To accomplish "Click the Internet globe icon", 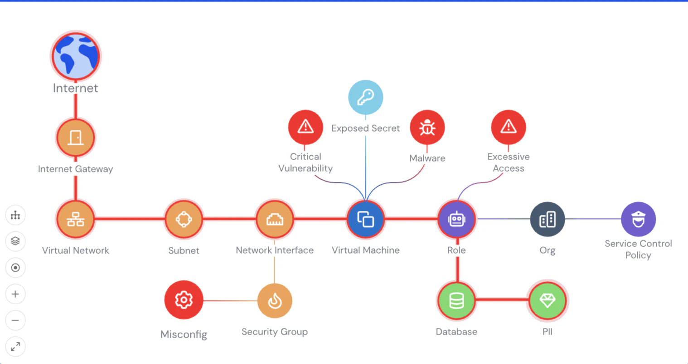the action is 76,57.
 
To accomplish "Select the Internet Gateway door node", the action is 76,138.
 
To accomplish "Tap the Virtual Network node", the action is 76,219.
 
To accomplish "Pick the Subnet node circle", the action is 184,219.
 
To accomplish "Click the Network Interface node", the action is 275,219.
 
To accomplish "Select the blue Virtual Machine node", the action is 365,219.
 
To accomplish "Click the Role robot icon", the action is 457,219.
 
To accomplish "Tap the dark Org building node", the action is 547,219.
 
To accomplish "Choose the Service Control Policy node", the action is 638,219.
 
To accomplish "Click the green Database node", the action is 457,301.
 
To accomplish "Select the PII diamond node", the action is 547,301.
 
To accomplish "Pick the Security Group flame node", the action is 275,301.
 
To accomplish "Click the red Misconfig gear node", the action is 184,300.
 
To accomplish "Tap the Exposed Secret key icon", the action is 365,97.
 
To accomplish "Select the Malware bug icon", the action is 427,127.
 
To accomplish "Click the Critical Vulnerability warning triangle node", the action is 305,127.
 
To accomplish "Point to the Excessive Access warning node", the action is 509,127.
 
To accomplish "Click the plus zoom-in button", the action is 15,294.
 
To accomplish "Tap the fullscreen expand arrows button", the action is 15,347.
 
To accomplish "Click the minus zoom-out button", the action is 15,321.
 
